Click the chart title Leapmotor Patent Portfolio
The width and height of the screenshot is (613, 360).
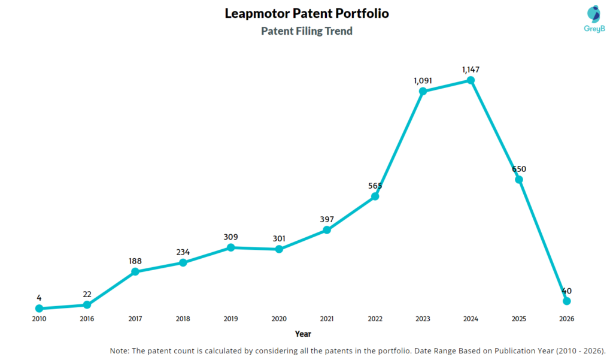[306, 13]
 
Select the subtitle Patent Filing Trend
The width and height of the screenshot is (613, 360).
[306, 31]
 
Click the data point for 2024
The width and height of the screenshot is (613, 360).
[471, 80]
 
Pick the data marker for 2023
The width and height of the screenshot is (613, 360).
[423, 91]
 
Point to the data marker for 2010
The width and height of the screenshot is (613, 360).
[39, 308]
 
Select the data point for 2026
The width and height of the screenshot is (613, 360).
[567, 301]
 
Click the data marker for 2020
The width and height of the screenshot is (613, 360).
[279, 249]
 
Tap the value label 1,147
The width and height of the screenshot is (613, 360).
[471, 69]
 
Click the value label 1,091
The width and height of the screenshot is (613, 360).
[423, 80]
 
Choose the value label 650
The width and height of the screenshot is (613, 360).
[519, 169]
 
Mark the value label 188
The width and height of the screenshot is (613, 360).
[135, 261]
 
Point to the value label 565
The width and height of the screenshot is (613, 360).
[375, 186]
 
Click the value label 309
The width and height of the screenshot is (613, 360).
[231, 237]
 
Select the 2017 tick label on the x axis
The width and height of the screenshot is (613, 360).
[135, 319]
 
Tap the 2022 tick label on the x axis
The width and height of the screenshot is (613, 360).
[375, 319]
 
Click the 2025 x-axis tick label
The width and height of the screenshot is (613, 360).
[519, 319]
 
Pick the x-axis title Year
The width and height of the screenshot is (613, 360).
[303, 334]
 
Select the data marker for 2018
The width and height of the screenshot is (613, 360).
[183, 262]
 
